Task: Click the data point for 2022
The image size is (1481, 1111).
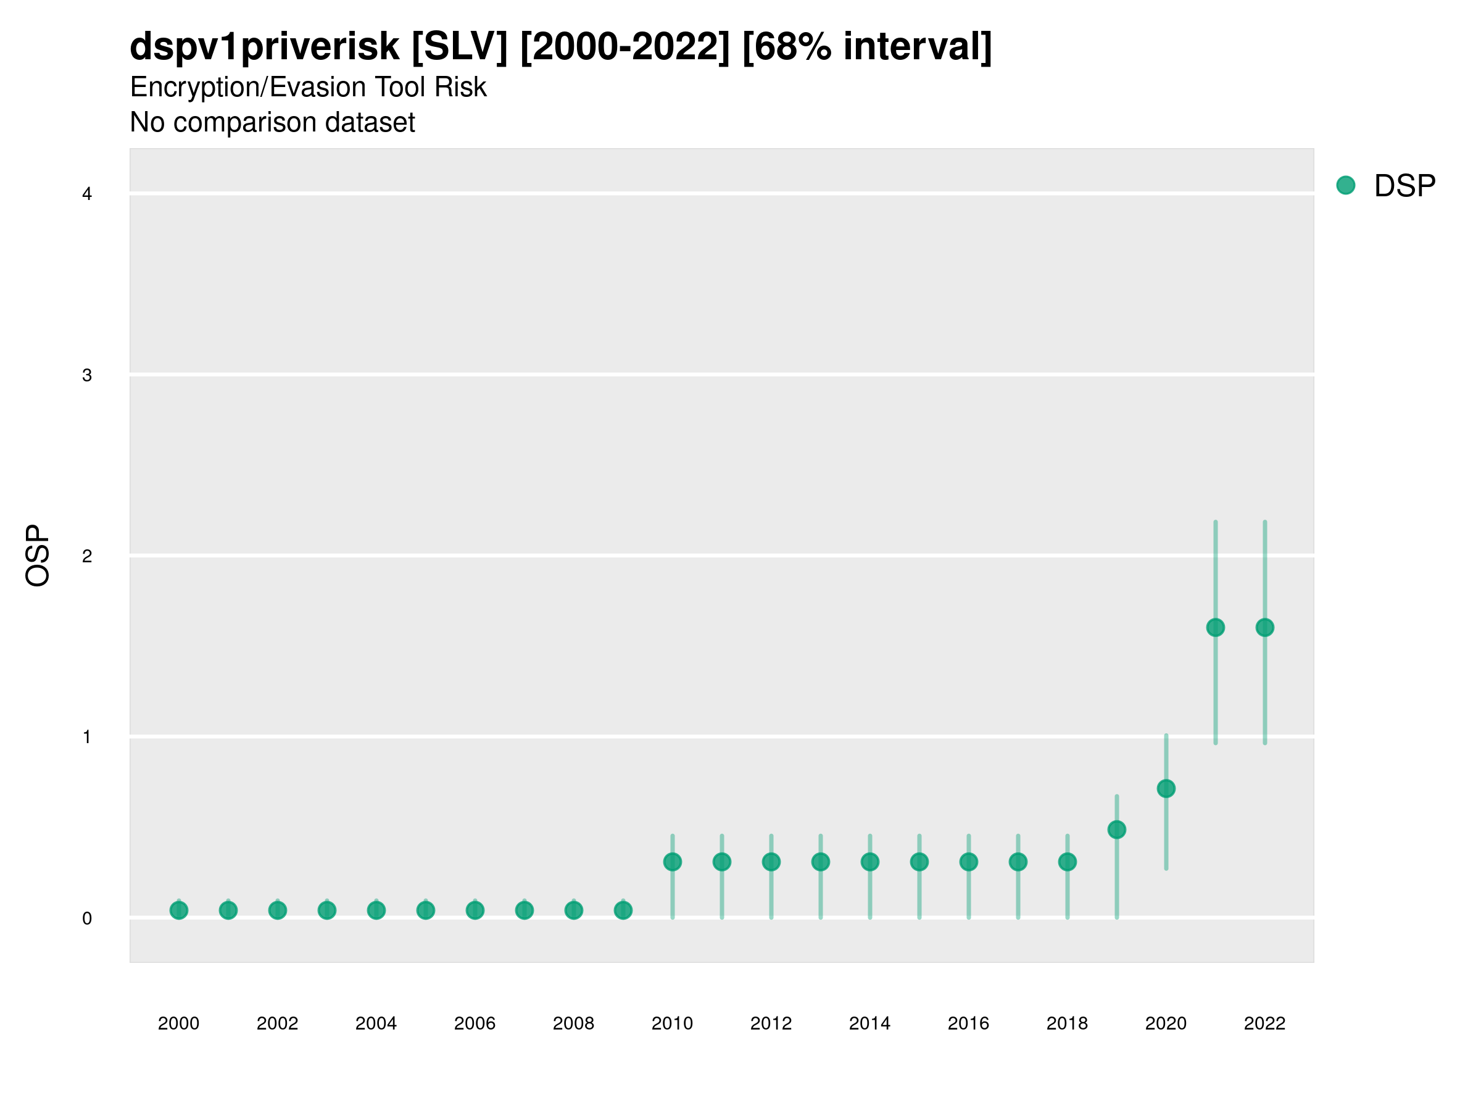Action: pos(1265,628)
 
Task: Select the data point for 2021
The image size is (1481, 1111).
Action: pos(1215,628)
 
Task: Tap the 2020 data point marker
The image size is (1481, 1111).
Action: pos(1166,788)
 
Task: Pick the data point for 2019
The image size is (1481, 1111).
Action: pos(1117,830)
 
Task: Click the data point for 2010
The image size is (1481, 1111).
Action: pos(672,862)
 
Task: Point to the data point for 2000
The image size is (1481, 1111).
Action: pos(179,910)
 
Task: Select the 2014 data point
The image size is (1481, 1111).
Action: pos(869,862)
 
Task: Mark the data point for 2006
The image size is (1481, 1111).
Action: pos(475,910)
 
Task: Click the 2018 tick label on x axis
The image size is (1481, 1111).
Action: pos(1067,1023)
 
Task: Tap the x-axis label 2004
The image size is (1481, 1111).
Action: pos(376,1023)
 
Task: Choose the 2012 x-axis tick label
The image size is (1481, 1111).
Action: pos(771,1023)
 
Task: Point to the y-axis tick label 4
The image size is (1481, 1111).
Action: pos(87,194)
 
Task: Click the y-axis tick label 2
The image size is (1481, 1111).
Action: pos(87,556)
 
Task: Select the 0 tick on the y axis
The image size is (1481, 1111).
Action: pos(87,918)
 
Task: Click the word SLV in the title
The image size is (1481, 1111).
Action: pos(459,47)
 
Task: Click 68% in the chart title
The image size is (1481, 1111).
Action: pos(787,47)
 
